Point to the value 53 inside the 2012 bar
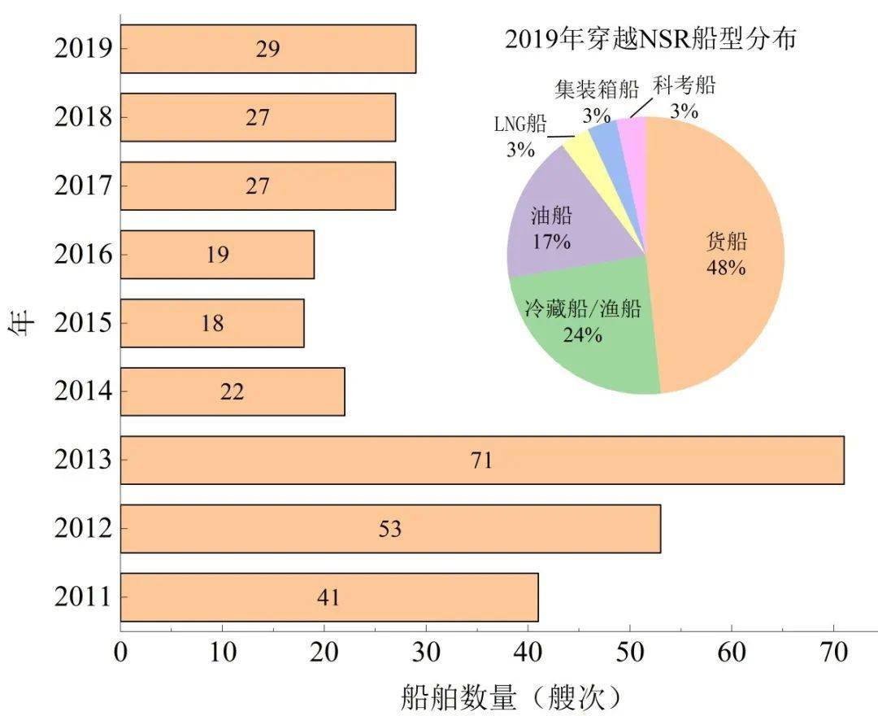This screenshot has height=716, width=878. pos(390,530)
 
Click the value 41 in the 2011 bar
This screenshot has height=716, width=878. pos(328,598)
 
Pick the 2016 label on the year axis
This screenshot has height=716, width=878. pos(82,255)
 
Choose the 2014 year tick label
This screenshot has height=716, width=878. pos(82,392)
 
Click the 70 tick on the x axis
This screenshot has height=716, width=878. pos(833,653)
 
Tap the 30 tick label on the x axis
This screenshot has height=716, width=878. pos(426,653)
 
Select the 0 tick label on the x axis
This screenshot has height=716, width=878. pos(121,653)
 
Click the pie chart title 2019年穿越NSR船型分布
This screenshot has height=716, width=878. pos(650,39)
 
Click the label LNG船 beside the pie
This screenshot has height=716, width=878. pos(520,124)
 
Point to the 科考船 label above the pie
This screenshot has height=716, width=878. pos(684,85)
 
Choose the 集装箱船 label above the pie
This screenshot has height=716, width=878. pos(597,89)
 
